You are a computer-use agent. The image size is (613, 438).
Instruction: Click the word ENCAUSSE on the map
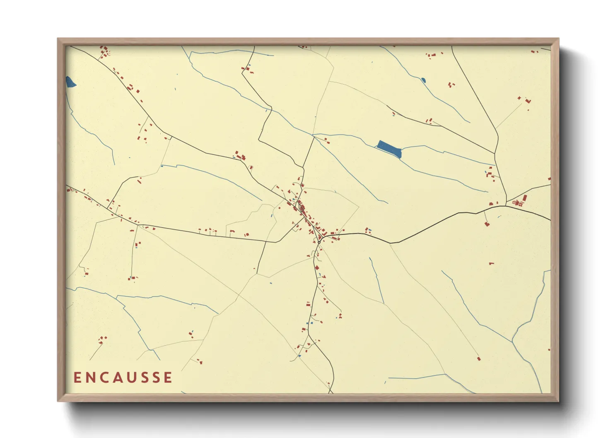123,378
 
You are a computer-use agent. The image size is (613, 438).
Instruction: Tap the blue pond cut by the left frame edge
70,82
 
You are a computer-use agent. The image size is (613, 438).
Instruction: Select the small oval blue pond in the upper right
423,80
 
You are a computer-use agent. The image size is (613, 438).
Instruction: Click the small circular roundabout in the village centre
319,242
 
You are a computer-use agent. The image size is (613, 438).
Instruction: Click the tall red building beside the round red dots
525,198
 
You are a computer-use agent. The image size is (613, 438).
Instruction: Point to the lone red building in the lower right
478,359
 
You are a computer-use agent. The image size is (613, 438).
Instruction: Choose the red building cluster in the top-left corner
104,51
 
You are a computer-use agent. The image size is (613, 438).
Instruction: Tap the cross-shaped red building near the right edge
527,100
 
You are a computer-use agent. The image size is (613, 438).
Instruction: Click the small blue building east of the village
369,229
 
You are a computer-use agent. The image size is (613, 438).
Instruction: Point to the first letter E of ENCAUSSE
77,378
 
